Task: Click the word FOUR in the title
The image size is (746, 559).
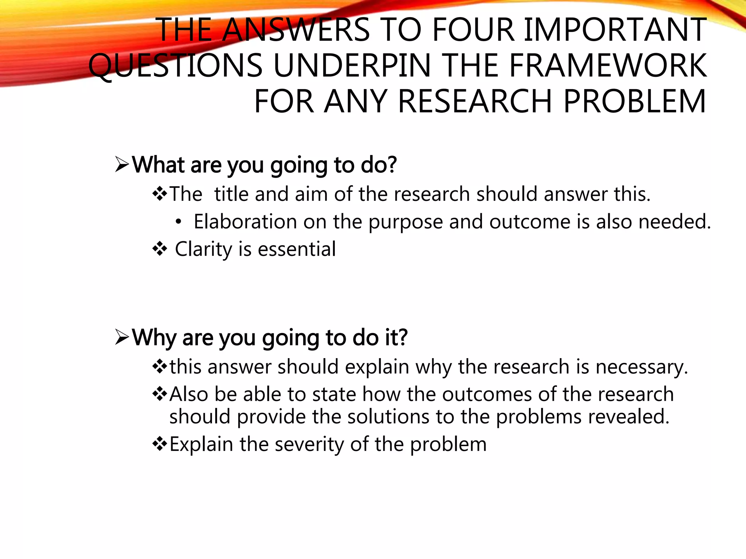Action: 473,30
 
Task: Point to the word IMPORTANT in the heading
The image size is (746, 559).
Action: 615,30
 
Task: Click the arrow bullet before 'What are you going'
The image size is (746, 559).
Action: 122,164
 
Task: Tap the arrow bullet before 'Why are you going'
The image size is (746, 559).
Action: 122,337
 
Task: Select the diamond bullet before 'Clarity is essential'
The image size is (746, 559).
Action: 160,249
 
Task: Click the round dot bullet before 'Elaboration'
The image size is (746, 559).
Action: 178,222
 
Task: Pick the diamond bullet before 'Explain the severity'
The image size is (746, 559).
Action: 160,444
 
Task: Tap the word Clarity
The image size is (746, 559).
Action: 203,250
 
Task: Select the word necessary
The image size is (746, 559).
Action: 641,367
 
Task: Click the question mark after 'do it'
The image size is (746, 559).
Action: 402,337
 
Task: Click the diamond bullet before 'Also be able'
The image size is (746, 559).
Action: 160,394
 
